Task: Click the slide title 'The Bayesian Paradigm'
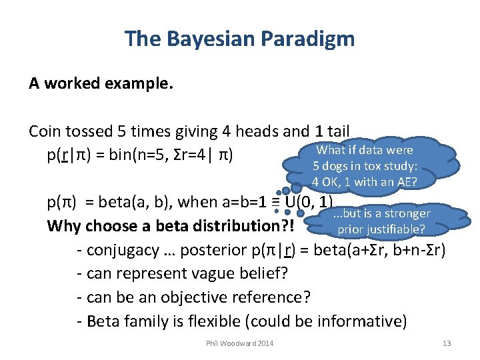(239, 39)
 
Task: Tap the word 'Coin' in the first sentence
(45, 132)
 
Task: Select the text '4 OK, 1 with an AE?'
(365, 182)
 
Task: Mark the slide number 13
(447, 343)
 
